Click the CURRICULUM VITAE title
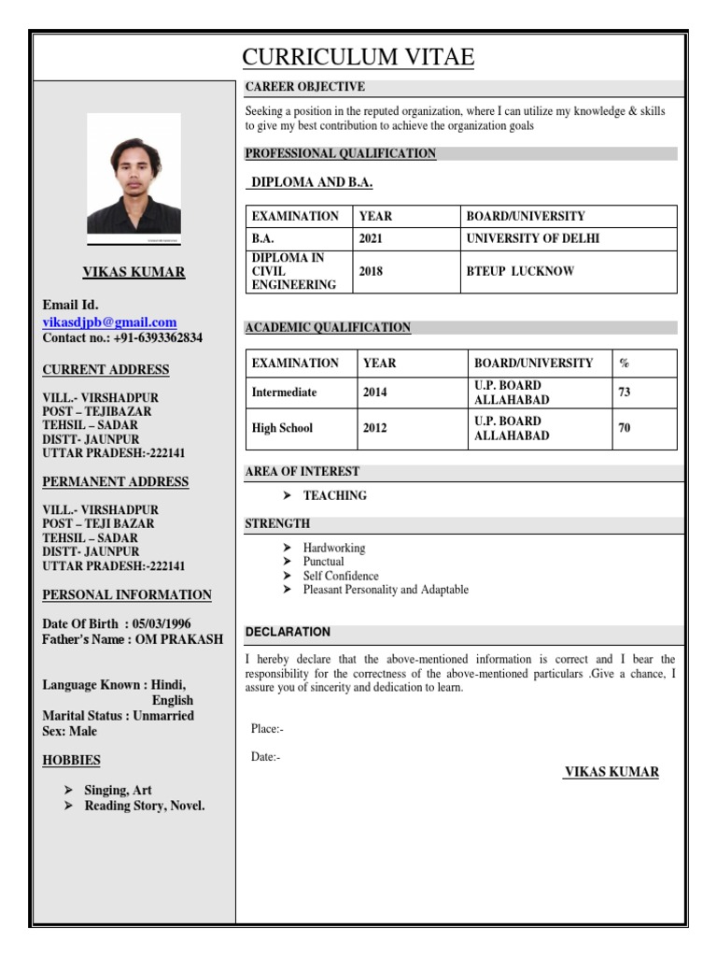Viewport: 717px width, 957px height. tap(358, 58)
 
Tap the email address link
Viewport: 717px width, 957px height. tap(109, 321)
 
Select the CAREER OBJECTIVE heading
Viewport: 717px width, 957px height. tap(304, 88)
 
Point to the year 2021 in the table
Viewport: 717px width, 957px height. tap(371, 238)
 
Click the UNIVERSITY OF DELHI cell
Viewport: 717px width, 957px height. tap(532, 238)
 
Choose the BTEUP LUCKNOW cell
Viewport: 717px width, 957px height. tap(520, 271)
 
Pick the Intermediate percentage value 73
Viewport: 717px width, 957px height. tap(625, 393)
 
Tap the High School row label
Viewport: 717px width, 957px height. tap(282, 428)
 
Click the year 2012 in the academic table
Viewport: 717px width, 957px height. tap(376, 428)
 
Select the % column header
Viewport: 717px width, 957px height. tap(624, 363)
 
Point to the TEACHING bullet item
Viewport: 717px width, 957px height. tap(334, 495)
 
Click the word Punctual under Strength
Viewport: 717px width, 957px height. tap(323, 562)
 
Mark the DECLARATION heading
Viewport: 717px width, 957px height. tap(288, 632)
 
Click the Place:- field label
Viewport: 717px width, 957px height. tap(267, 728)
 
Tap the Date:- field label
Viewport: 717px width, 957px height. tap(265, 757)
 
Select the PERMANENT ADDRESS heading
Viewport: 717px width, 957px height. tap(116, 482)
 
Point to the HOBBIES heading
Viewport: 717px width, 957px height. tap(71, 760)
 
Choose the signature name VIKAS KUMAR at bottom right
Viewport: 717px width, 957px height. tap(612, 772)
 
